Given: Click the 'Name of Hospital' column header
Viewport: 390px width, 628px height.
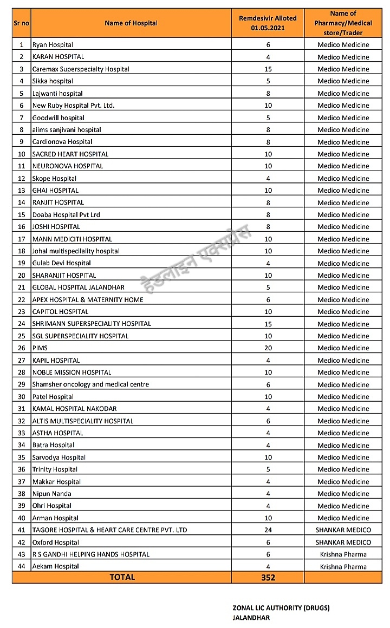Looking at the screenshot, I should [131, 23].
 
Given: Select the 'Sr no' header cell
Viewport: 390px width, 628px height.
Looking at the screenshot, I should [22, 23].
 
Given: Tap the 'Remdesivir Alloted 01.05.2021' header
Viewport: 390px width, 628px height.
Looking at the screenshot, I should [268, 23].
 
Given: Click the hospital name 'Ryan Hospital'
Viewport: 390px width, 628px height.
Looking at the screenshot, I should [53, 45].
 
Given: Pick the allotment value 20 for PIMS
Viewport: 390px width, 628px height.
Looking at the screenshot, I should [268, 348].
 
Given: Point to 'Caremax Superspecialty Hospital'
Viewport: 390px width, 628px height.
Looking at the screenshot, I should [81, 69].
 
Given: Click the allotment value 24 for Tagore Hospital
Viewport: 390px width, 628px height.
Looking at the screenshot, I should [268, 530].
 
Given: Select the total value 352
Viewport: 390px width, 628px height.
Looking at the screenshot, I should [268, 578].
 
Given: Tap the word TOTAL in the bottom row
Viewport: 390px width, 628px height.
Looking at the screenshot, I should [122, 577].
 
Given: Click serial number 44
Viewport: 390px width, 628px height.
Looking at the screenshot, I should [22, 566].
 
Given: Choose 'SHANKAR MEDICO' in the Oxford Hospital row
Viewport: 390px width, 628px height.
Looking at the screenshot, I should [343, 542].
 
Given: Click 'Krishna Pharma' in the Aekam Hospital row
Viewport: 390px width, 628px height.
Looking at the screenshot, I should [343, 567].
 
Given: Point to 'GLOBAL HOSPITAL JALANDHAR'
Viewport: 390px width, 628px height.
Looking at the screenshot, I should [78, 287].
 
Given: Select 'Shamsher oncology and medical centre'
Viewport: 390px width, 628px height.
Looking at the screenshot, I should [90, 384].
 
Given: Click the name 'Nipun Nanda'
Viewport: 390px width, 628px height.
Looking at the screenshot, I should [51, 494].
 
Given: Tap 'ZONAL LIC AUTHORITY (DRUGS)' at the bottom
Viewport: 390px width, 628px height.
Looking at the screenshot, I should [281, 608].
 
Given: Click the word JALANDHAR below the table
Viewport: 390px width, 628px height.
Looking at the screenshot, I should [251, 618].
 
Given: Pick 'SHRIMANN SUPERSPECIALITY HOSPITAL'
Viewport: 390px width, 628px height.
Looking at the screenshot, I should [92, 324].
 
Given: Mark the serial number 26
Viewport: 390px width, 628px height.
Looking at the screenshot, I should [22, 348].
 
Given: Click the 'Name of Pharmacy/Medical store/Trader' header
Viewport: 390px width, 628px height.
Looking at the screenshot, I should [343, 23].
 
